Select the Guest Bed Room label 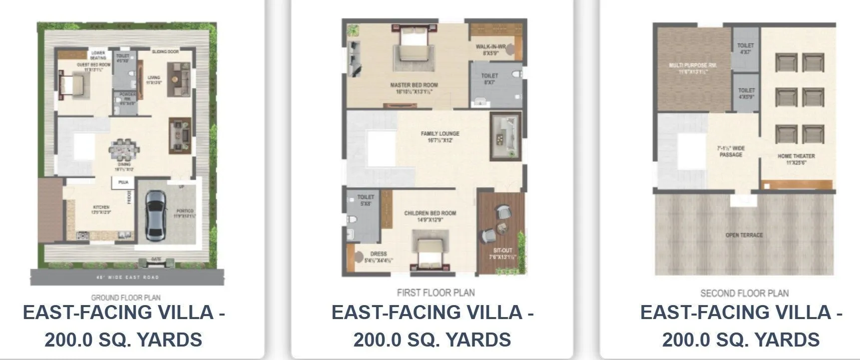click(93, 65)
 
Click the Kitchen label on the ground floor click(101, 207)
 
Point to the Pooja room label click(123, 183)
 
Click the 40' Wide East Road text click(127, 277)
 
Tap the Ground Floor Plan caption click(125, 298)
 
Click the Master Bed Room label click(414, 85)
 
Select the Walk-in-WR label click(490, 47)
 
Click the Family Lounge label click(439, 134)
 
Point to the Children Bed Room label click(430, 213)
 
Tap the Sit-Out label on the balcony click(502, 251)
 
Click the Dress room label click(379, 254)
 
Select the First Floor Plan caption click(435, 293)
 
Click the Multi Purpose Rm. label click(693, 65)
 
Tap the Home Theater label click(796, 156)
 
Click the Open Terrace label click(744, 235)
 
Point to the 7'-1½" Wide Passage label click(731, 151)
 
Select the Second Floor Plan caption click(744, 293)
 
